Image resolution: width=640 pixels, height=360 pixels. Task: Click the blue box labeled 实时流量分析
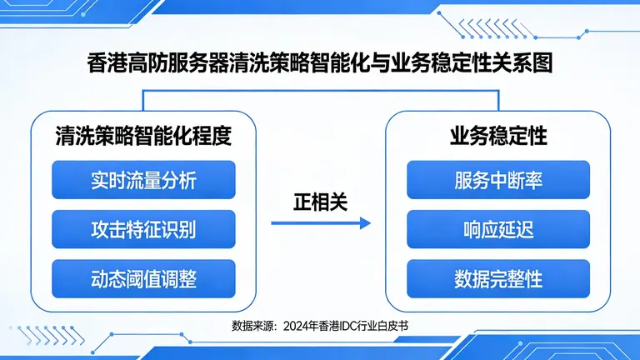[x=143, y=179]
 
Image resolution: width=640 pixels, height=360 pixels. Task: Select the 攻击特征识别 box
[x=143, y=229]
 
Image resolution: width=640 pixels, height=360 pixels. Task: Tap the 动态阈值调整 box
[x=143, y=278]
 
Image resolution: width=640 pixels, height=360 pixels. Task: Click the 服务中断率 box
[x=498, y=179]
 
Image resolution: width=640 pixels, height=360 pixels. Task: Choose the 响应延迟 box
[x=498, y=229]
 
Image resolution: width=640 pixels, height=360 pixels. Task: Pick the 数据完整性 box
[x=498, y=278]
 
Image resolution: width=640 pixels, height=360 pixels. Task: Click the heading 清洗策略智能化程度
[x=142, y=135]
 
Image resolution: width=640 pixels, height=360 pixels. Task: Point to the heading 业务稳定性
[x=498, y=135]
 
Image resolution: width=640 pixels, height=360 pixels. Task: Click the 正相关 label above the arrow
[x=320, y=202]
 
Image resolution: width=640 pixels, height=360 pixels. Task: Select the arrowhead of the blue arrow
[x=365, y=223]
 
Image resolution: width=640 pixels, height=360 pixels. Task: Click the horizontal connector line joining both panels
[x=320, y=92]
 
